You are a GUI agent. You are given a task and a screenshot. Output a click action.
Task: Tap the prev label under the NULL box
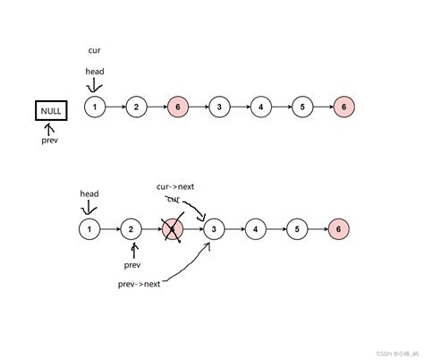[50, 141]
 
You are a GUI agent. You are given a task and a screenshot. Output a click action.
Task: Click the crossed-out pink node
[173, 230]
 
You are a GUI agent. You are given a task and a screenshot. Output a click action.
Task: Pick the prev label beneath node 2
[132, 264]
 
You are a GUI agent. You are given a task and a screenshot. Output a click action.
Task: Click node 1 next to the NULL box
[94, 107]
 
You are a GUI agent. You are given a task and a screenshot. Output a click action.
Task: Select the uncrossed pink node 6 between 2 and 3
[177, 107]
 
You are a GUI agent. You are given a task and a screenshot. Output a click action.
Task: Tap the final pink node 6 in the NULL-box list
[343, 107]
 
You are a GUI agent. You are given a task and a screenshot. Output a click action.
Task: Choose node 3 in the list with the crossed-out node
[214, 230]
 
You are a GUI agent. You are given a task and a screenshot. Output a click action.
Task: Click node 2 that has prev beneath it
[131, 230]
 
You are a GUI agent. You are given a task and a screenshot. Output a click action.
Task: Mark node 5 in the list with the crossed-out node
[297, 230]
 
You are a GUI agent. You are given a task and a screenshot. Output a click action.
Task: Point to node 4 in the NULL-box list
[260, 107]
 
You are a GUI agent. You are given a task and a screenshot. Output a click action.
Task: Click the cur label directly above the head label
[95, 52]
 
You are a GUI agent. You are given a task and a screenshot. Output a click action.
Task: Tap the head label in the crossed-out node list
[89, 193]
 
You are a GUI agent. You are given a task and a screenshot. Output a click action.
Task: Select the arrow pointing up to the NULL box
[49, 128]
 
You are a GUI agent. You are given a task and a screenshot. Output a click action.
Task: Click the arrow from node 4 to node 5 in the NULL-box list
[281, 107]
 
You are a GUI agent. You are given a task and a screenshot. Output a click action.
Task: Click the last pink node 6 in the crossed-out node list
[338, 230]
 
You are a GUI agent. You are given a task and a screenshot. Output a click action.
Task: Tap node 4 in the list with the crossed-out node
[256, 230]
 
